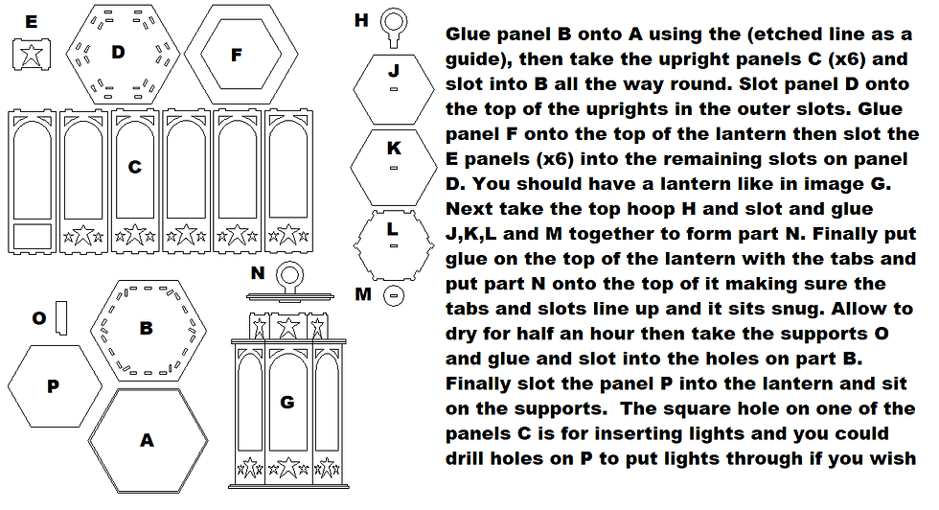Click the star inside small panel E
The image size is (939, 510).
tap(31, 55)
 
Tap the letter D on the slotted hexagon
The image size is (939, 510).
tap(118, 52)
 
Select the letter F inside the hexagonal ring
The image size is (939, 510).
tap(237, 56)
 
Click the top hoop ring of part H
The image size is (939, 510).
tap(394, 22)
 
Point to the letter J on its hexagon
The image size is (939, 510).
tap(394, 71)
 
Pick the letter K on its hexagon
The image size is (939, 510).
tap(394, 148)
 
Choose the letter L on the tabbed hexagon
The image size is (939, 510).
tap(392, 229)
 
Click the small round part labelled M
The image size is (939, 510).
tap(394, 295)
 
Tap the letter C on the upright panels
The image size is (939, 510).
tap(135, 167)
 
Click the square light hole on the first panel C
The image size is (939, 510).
tap(32, 236)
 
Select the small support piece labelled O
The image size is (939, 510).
tap(61, 318)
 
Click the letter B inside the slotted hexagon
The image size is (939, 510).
tap(146, 329)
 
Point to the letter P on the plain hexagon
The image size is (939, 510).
tap(54, 386)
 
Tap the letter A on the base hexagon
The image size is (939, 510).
tap(147, 440)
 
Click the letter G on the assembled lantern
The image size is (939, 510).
tap(287, 402)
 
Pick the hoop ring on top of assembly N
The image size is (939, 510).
tap(289, 276)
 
